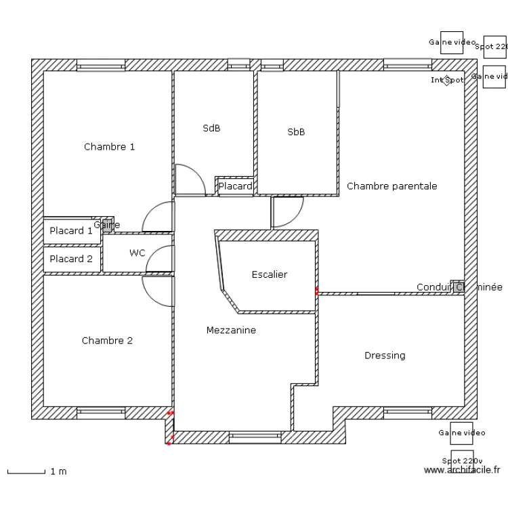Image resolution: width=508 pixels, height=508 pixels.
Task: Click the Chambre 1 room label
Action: (x=109, y=146)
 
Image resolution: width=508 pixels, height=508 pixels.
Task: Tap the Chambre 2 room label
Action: (x=107, y=341)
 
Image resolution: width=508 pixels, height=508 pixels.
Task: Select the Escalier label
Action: (x=269, y=274)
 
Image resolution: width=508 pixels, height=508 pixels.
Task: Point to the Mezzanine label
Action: (x=231, y=330)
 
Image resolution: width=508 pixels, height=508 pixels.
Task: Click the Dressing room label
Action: (x=385, y=355)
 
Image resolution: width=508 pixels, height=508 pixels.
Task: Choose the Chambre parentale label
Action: (x=391, y=186)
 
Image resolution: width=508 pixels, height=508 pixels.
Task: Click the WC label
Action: (x=137, y=253)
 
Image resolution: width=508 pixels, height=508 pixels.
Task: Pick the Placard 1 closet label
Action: (x=71, y=231)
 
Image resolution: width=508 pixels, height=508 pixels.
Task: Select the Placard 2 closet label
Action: (x=71, y=259)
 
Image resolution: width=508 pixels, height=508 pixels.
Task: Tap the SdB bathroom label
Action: (x=211, y=128)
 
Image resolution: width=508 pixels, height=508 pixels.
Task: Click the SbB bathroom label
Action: (x=296, y=132)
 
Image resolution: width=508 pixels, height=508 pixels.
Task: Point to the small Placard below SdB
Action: (x=235, y=186)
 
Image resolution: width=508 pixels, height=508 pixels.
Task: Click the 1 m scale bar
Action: (x=27, y=471)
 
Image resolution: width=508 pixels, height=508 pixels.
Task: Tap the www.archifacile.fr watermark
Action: (x=462, y=469)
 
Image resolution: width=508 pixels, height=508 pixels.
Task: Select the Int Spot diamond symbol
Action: (x=446, y=81)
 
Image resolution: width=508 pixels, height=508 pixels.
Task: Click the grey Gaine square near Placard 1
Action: (x=107, y=225)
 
